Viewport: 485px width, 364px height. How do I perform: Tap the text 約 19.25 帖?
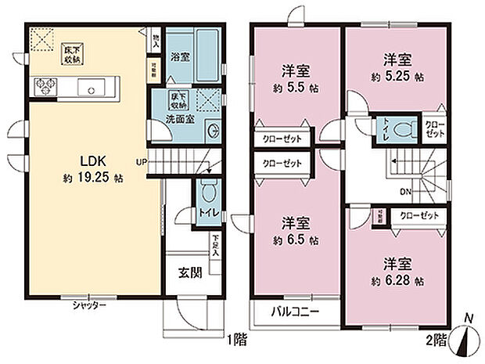[x=92, y=178]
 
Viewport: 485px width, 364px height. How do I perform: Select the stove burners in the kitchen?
[x=43, y=86]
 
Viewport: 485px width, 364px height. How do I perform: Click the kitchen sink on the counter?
[x=92, y=87]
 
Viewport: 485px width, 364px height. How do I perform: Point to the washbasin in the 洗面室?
[x=214, y=130]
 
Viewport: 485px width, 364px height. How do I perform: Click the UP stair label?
[x=141, y=163]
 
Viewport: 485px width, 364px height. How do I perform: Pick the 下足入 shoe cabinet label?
[x=214, y=246]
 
